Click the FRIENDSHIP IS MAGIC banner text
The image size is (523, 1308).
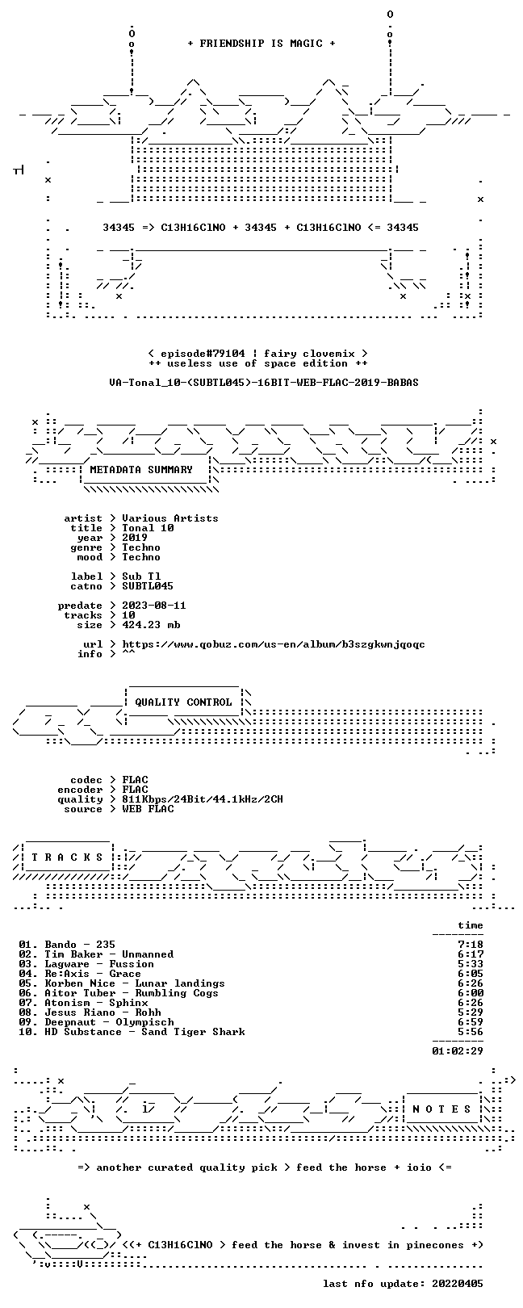click(x=261, y=44)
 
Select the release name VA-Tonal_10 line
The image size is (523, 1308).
click(x=263, y=383)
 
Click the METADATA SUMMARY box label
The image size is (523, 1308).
click(x=141, y=469)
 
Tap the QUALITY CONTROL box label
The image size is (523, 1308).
click(x=183, y=702)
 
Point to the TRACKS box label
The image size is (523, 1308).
click(x=67, y=857)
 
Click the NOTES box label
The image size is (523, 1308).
click(x=441, y=1109)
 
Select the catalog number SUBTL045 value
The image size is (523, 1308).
click(x=148, y=585)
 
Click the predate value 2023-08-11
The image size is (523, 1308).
click(x=154, y=605)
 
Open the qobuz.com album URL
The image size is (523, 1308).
click(x=273, y=644)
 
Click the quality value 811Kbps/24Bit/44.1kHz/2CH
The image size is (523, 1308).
click(x=203, y=799)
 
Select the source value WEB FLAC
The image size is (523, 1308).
click(x=148, y=809)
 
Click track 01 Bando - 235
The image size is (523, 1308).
click(x=66, y=944)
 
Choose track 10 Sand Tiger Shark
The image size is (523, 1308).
click(x=132, y=1031)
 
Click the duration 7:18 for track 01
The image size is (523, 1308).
click(x=471, y=944)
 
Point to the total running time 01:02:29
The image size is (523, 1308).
click(x=458, y=1050)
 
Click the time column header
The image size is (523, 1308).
click(x=471, y=925)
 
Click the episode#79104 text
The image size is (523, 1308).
click(x=203, y=354)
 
